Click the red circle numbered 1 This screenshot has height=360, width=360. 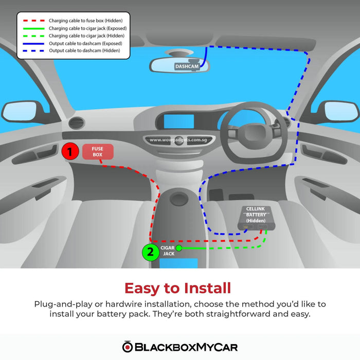click(x=70, y=151)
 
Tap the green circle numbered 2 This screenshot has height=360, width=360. click(x=151, y=252)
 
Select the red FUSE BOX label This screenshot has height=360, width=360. click(x=98, y=152)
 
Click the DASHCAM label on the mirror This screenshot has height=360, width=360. click(x=187, y=66)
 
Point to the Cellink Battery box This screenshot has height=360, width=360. click(x=256, y=218)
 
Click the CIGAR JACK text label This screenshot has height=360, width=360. click(x=168, y=251)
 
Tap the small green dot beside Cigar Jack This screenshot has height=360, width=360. click(x=179, y=248)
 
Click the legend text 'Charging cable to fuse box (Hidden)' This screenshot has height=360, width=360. click(x=86, y=21)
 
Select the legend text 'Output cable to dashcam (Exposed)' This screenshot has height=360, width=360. click(x=85, y=43)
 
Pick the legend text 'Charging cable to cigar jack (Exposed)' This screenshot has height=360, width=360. click(x=88, y=28)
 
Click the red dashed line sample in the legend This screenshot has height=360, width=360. click(x=33, y=21)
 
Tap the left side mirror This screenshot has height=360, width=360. click(x=22, y=112)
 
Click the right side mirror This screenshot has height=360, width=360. click(x=340, y=112)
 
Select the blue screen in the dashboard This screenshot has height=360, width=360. click(x=178, y=121)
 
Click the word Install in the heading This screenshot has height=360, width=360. click(x=207, y=288)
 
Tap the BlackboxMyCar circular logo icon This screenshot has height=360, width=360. click(x=128, y=347)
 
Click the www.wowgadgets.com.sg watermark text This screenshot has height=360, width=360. click(x=178, y=140)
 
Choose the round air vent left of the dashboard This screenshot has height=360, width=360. click(x=77, y=122)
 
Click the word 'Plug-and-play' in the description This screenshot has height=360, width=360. click(x=63, y=304)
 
